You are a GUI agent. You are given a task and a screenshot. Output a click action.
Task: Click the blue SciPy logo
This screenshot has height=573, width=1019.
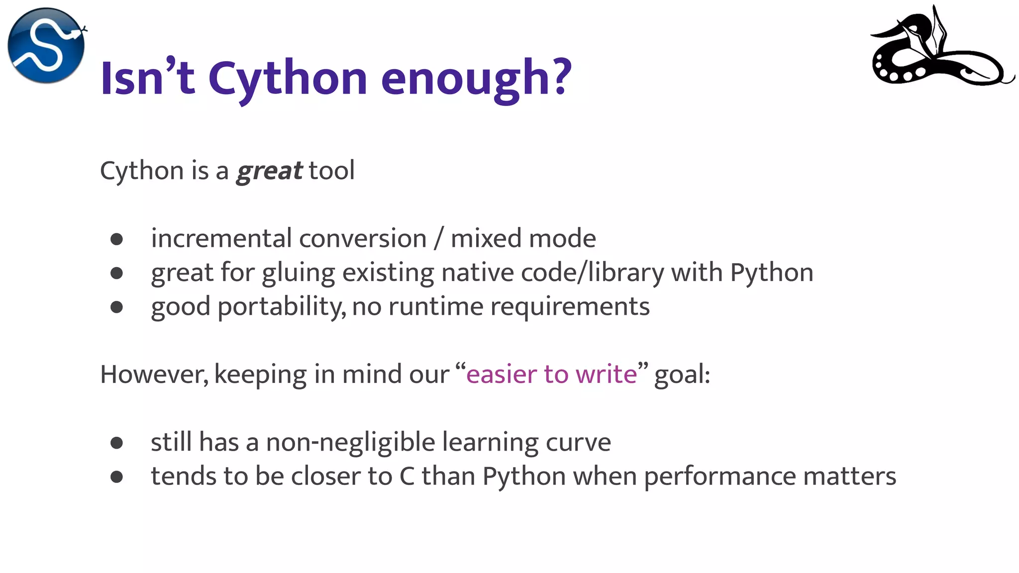(46, 45)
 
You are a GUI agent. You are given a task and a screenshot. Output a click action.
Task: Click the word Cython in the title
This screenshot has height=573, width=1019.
(288, 79)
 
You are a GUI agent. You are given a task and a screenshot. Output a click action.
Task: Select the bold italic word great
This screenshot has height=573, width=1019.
(269, 171)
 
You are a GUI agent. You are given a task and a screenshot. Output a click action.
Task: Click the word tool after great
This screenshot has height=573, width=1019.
(331, 171)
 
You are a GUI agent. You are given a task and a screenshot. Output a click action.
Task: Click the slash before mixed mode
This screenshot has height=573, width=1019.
(438, 239)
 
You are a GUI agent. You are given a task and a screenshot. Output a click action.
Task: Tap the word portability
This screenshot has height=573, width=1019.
(282, 307)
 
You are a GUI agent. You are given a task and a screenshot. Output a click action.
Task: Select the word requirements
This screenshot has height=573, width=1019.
(570, 307)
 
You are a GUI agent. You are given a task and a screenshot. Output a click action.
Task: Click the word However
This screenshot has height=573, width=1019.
(154, 374)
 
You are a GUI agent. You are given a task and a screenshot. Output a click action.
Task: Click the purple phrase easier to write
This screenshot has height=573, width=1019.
(551, 374)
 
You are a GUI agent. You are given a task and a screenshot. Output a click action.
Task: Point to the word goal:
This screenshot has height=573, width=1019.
(682, 375)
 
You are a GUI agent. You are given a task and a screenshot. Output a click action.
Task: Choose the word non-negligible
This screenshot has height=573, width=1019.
(350, 442)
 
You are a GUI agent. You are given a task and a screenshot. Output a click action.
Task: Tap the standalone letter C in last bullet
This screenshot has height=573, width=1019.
(407, 477)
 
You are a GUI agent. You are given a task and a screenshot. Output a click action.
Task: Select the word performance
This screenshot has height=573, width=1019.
(719, 477)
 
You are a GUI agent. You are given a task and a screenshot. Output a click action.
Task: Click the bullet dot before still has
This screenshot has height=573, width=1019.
(117, 443)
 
